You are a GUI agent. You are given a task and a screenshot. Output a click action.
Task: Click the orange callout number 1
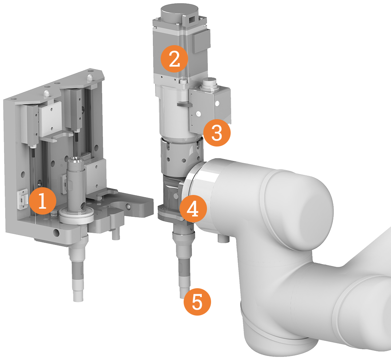click(42, 201)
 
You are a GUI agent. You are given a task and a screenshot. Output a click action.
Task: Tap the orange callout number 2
click(174, 59)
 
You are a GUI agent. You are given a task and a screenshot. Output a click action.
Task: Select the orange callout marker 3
click(217, 132)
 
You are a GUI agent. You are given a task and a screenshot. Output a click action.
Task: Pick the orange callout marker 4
click(193, 209)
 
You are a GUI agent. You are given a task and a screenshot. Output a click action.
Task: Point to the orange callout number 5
click(197, 302)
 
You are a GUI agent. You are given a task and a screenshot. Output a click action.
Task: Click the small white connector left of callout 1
click(22, 198)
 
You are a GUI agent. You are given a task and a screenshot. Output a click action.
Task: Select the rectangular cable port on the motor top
click(192, 19)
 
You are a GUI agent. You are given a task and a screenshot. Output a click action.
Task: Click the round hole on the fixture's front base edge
click(56, 233)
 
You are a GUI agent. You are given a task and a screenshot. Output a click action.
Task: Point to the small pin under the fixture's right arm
click(116, 234)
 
